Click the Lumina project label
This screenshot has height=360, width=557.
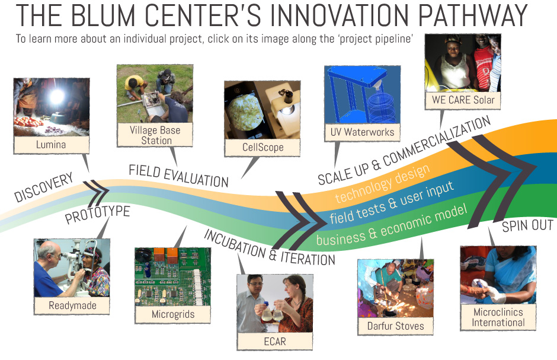coord(51,145)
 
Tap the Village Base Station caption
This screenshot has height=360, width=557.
coord(155,135)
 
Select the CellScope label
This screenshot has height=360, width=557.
coord(263,147)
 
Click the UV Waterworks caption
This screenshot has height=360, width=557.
coord(362,132)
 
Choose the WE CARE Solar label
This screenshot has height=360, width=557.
coord(463,100)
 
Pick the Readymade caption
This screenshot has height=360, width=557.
coord(72,305)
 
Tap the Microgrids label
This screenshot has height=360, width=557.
coord(173,314)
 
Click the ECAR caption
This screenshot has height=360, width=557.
coord(275,342)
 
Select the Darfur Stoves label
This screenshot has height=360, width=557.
coord(396,326)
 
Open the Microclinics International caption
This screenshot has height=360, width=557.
coord(498,317)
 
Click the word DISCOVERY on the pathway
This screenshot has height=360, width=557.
coord(43,187)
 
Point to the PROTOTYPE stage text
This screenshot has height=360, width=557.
coord(97,214)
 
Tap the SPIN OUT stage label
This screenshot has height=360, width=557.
coord(527,225)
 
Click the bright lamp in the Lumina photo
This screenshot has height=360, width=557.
coord(56,96)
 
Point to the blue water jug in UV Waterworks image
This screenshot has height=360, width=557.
coord(382,107)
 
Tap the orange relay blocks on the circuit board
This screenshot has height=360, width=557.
coord(167,256)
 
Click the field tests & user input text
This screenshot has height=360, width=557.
coord(392,203)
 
